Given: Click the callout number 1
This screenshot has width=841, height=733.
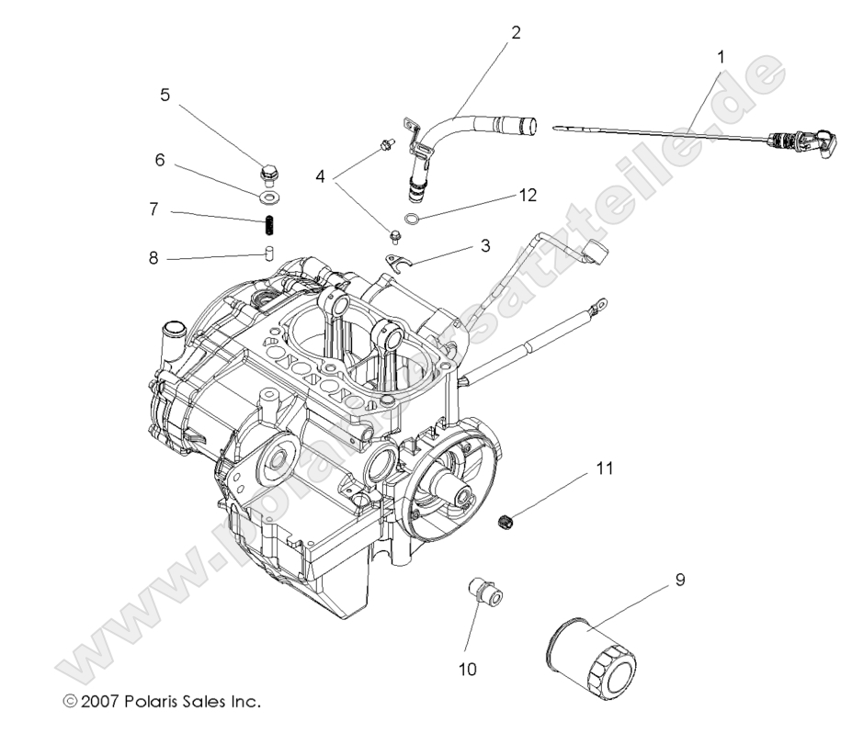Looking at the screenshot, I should click(x=720, y=56).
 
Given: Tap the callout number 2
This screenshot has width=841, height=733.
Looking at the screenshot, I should click(x=516, y=33).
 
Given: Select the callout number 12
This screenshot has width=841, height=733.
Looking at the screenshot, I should click(x=526, y=196).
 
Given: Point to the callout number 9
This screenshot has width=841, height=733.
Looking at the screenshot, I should click(x=679, y=581).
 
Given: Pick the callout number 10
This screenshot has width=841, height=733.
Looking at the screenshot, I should click(x=469, y=670).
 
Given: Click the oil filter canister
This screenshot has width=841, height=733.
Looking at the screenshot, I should click(x=588, y=657).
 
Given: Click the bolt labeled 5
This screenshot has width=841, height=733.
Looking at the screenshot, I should click(x=268, y=172).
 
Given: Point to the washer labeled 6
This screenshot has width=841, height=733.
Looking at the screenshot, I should click(x=267, y=196).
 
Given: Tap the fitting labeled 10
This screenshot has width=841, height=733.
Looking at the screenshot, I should click(x=484, y=592).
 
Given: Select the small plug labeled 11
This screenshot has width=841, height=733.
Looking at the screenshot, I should click(x=505, y=522).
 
